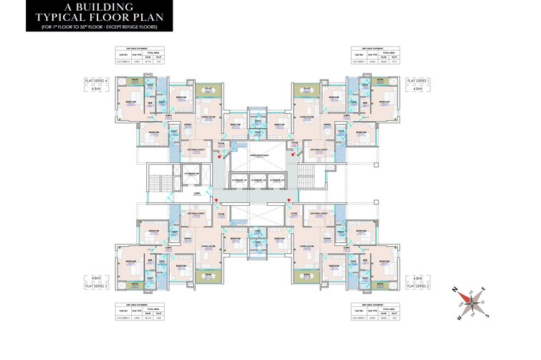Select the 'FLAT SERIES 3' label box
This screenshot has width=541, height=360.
tap(100, 285)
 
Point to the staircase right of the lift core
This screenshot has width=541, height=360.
tap(307, 173)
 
